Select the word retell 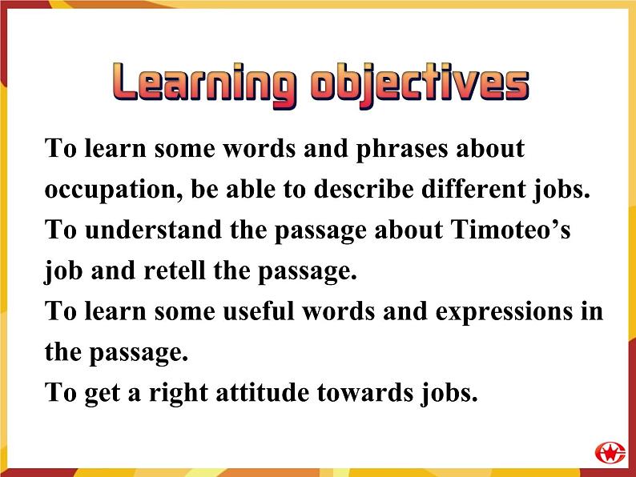182,271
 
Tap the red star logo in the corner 610,451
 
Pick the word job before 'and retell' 63,271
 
